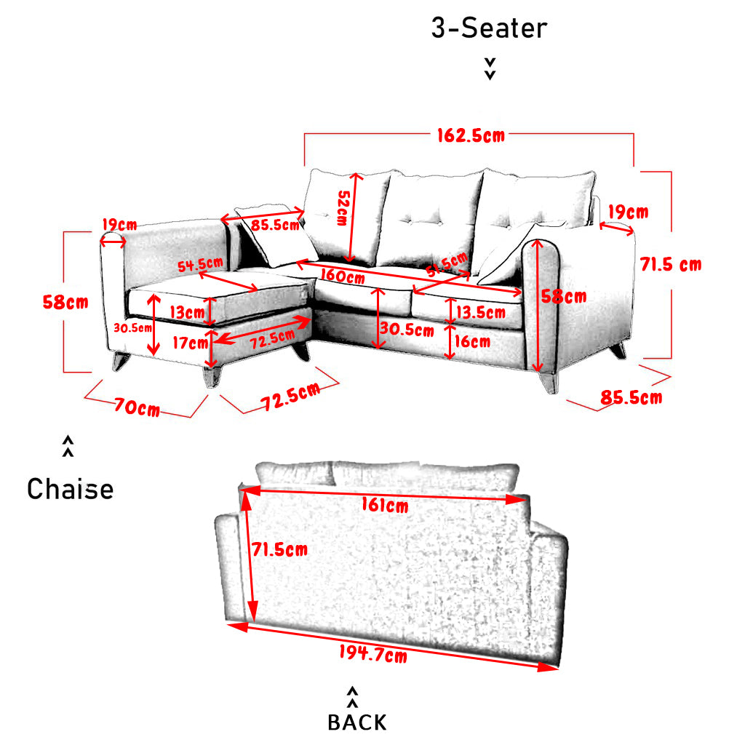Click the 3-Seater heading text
point(489,28)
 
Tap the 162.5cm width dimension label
point(471,135)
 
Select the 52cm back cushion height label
point(343,207)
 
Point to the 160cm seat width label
point(343,276)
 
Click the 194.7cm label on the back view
point(373,653)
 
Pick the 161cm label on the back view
point(385,505)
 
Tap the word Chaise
point(71,489)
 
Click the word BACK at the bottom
point(357,722)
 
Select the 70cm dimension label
point(138,407)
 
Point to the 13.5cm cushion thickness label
point(481,312)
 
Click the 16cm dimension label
point(472,341)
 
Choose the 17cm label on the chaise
point(190,343)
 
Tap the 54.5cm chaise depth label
point(200,265)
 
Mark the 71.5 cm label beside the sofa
point(670,264)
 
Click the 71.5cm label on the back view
point(280,549)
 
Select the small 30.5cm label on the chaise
point(132,328)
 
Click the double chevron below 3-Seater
point(490,69)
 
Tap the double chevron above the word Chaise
point(68,446)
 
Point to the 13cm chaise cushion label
point(187,312)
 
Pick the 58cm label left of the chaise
point(65,302)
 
